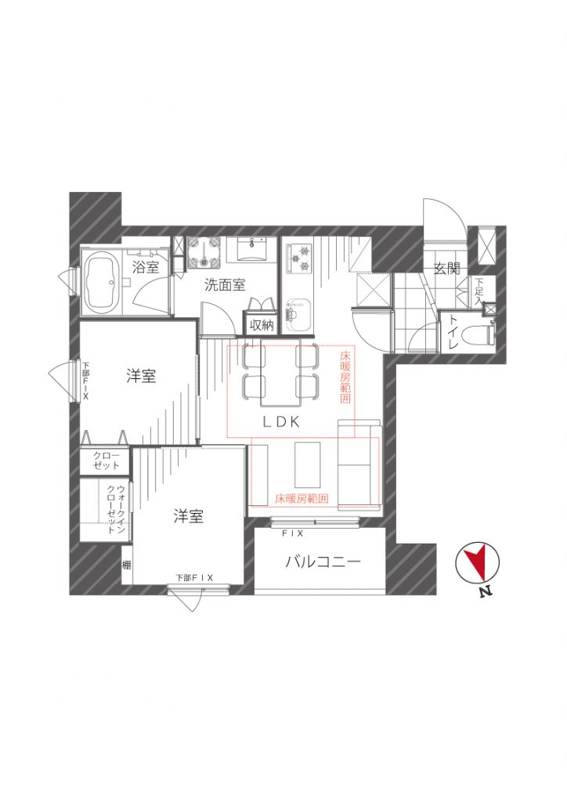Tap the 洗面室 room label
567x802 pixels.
(x=225, y=285)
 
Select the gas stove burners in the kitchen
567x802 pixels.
(x=300, y=258)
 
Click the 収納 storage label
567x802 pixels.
(x=262, y=325)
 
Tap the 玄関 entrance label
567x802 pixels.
(x=447, y=268)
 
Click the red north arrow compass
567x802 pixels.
(x=477, y=562)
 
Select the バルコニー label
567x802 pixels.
(x=323, y=562)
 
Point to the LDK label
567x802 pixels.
(x=280, y=421)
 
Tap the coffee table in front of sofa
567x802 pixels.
(x=308, y=464)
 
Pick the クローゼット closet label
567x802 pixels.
(x=107, y=461)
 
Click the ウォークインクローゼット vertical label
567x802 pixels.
(x=116, y=509)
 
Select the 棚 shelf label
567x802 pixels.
(x=126, y=565)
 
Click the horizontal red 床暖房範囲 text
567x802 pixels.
(x=302, y=499)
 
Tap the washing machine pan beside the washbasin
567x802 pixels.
(x=204, y=253)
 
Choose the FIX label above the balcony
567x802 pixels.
(x=293, y=533)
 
